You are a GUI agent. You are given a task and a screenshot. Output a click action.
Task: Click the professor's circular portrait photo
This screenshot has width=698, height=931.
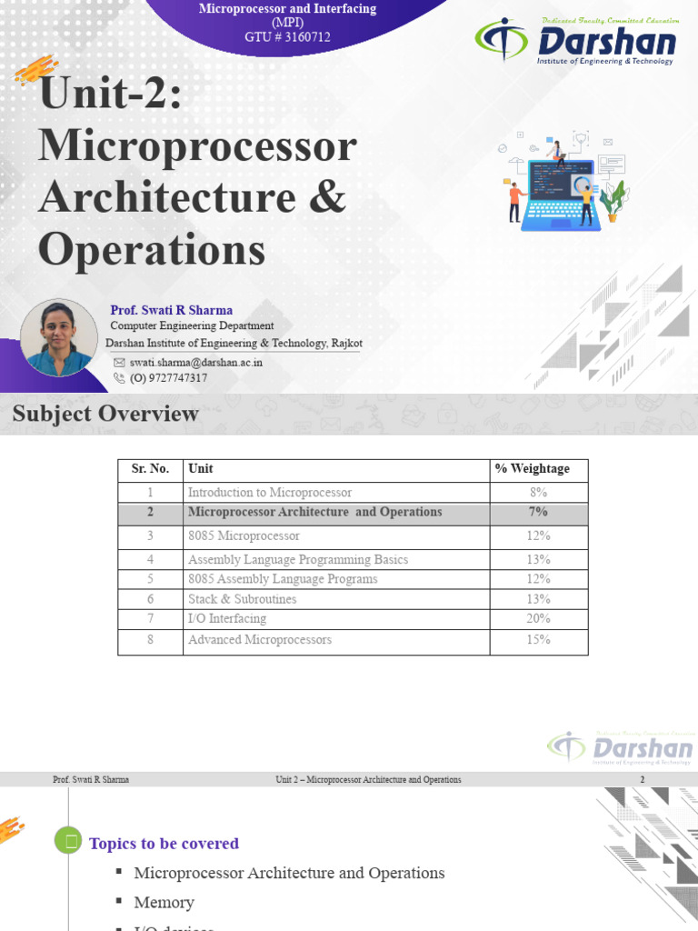pyautogui.click(x=58, y=337)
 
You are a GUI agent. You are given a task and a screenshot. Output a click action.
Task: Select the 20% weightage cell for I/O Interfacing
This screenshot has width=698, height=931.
pyautogui.click(x=538, y=619)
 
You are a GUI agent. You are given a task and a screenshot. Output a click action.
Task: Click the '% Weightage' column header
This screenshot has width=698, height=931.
pyautogui.click(x=533, y=469)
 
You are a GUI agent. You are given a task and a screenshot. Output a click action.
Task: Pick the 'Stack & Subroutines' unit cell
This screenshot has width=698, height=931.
pyautogui.click(x=242, y=599)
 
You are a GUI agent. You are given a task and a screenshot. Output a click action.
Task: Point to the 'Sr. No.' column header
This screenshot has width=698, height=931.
pyautogui.click(x=150, y=469)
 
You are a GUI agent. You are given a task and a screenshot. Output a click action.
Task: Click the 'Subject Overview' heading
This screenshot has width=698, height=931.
pyautogui.click(x=105, y=415)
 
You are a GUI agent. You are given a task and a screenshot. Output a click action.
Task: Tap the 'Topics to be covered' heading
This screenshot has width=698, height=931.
pyautogui.click(x=164, y=844)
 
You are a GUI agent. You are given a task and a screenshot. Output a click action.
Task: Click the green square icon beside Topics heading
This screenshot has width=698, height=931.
pyautogui.click(x=68, y=842)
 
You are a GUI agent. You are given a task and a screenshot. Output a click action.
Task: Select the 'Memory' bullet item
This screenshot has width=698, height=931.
pyautogui.click(x=164, y=903)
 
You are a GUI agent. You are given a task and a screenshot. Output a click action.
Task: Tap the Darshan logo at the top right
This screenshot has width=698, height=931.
pyautogui.click(x=576, y=41)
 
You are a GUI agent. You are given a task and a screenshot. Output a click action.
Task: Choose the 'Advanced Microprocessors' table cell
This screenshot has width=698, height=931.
pyautogui.click(x=260, y=640)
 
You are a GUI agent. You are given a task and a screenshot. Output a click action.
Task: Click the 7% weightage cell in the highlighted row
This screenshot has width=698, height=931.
pyautogui.click(x=538, y=513)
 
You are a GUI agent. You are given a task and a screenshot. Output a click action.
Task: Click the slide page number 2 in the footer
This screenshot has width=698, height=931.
pyautogui.click(x=643, y=780)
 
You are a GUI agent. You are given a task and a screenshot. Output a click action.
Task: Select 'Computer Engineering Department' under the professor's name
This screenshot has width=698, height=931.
pyautogui.click(x=192, y=326)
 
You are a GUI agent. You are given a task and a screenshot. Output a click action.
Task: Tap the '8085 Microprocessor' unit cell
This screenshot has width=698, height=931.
pyautogui.click(x=244, y=536)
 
